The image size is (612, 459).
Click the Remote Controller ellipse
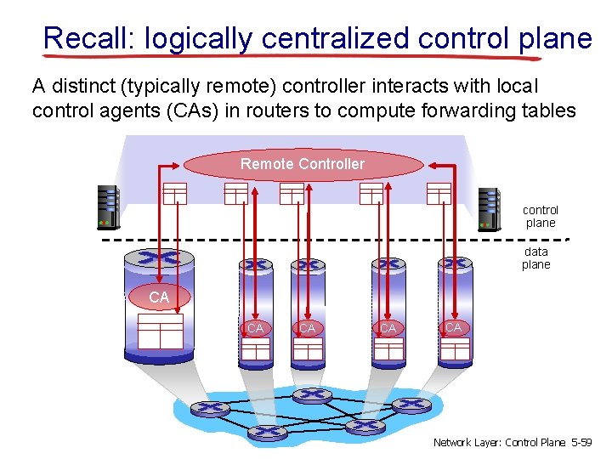[x=303, y=164]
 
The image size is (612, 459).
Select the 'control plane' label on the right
[x=541, y=216]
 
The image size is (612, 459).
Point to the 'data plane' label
[x=536, y=258]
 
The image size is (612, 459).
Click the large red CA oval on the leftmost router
[x=159, y=297]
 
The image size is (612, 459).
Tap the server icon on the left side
[x=108, y=207]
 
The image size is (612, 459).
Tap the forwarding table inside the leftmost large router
[x=160, y=331]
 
